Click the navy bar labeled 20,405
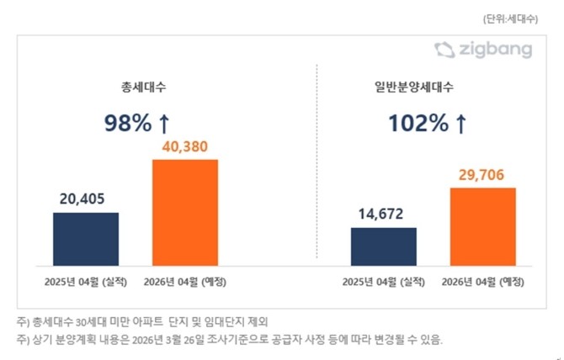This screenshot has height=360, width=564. coord(86,238)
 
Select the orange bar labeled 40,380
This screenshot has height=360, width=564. coord(184,212)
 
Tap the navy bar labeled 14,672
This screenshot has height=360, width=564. coord(384,246)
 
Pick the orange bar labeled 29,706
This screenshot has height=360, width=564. coord(482,225)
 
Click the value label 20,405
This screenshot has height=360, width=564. coord(86,199)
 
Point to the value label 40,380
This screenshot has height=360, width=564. coord(184,146)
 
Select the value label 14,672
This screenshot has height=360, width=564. coord(384,214)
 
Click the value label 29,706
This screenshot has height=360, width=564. coord(482,174)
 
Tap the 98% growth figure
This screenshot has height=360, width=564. coord(127,124)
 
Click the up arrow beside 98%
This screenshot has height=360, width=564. coord(165,124)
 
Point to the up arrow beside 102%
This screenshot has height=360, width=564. coord(460,124)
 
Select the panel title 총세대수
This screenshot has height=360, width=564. coord(140,86)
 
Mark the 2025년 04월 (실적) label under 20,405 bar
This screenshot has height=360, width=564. coord(86,280)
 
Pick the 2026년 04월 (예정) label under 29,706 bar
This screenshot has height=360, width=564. coord(482,280)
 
